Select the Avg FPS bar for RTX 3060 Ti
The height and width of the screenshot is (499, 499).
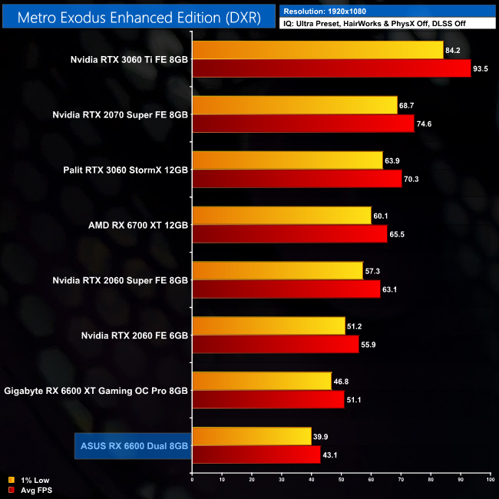331,69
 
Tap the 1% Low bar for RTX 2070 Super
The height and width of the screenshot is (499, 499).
295,104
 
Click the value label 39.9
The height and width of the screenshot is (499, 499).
322,436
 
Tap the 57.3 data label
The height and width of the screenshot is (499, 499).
374,270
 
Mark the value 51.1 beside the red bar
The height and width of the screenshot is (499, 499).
355,400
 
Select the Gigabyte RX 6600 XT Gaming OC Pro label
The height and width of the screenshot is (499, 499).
96,391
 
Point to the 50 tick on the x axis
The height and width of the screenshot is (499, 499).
341,480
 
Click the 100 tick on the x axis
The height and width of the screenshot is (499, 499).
489,480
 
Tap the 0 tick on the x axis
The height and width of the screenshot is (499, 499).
192,480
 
